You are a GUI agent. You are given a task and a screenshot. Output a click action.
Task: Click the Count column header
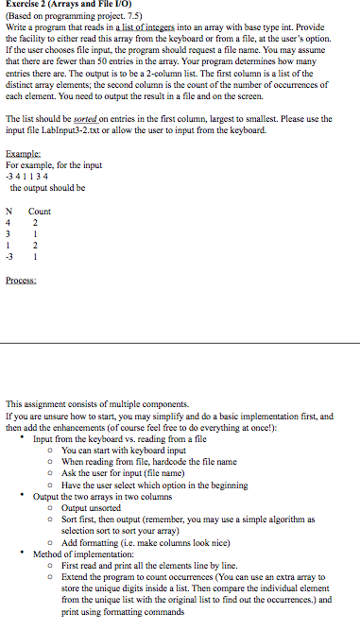tap(40, 213)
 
